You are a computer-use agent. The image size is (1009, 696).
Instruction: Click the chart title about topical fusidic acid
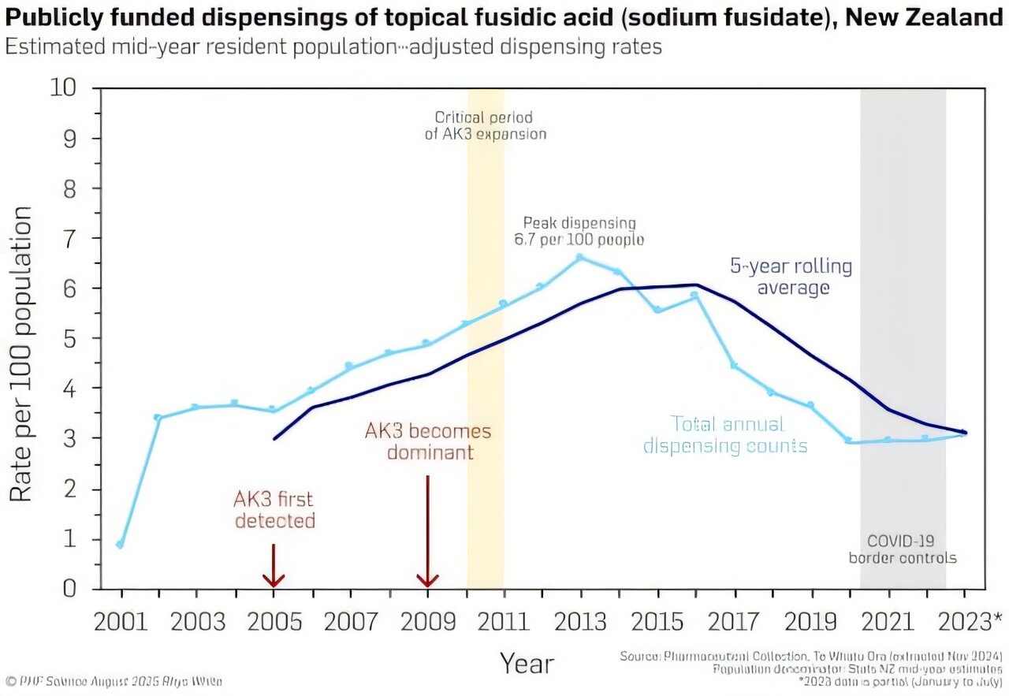point(504,17)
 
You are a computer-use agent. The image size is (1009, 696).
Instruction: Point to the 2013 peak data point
point(579,257)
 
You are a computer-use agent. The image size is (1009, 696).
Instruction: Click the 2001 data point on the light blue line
point(120,545)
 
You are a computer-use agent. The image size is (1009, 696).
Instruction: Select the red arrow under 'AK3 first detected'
point(273,568)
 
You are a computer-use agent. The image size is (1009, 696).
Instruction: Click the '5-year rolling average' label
point(792,277)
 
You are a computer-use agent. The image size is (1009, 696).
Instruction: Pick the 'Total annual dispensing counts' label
point(725,435)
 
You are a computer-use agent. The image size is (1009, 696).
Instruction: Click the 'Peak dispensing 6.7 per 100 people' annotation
point(579,231)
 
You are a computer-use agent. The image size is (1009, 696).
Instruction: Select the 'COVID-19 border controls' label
point(903,549)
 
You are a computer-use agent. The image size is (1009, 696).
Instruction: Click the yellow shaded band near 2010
point(486,355)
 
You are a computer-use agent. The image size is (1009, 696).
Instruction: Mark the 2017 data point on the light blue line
point(733,366)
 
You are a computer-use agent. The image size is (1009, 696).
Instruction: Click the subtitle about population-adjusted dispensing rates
point(333,47)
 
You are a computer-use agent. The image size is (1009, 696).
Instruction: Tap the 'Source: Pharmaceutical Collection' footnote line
point(811,656)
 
